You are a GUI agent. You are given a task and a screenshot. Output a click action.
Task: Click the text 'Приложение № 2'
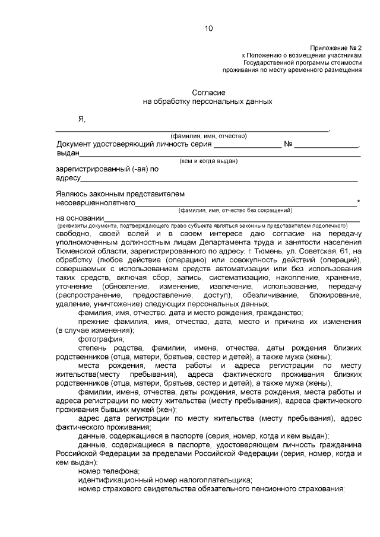click(x=335, y=47)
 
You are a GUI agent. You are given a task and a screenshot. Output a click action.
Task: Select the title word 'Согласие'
click(x=208, y=93)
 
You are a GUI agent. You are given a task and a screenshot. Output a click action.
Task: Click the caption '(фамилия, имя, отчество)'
click(x=208, y=136)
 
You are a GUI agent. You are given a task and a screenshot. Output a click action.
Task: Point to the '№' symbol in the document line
click(x=288, y=144)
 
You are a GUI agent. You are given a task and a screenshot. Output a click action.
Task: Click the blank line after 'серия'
click(x=248, y=145)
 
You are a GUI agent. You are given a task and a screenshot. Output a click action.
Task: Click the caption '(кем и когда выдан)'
click(x=208, y=161)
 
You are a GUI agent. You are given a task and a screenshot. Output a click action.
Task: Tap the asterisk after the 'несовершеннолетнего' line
click(x=359, y=202)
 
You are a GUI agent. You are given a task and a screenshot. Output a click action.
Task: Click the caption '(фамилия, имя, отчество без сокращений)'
click(x=235, y=211)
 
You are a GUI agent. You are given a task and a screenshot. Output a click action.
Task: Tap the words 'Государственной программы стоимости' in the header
click(x=302, y=62)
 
